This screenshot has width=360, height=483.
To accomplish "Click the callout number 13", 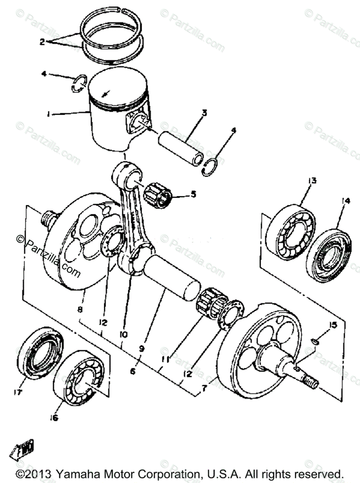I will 313,180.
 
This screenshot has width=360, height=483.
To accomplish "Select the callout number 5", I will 193,194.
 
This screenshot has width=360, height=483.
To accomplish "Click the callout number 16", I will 54,418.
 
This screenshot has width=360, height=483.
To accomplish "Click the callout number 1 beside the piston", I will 48,114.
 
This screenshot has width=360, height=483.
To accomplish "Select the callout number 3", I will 204,113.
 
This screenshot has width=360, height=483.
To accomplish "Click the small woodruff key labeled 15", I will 315,341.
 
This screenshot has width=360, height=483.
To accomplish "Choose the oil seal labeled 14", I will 329,255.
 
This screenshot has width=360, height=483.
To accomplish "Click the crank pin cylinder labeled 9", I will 171,277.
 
